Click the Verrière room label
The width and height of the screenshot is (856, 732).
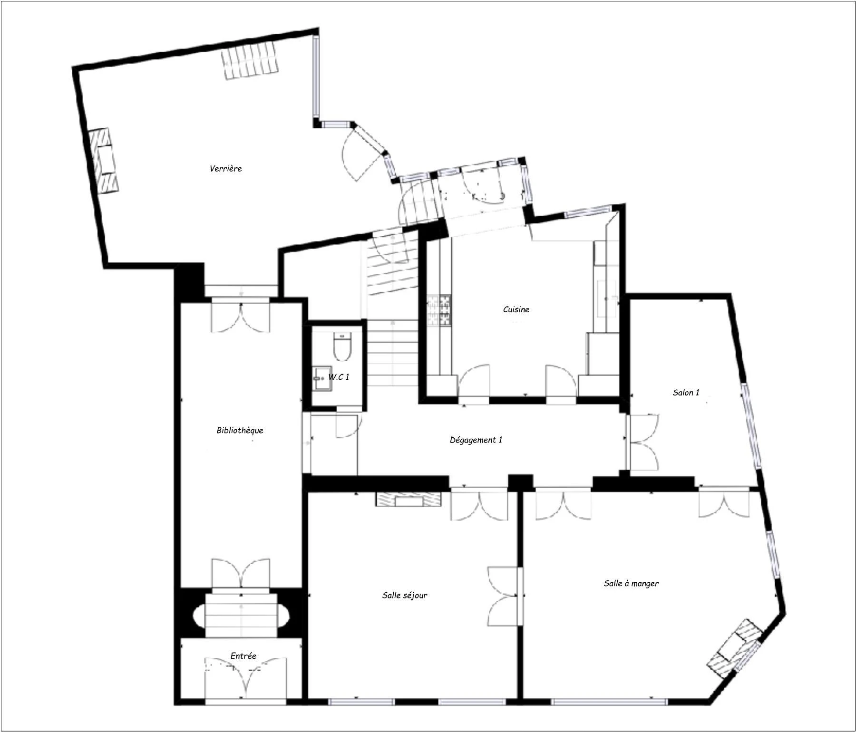(x=225, y=169)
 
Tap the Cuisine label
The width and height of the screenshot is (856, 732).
(x=516, y=309)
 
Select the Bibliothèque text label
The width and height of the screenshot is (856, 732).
(x=240, y=431)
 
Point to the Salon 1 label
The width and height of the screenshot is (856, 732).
(x=686, y=393)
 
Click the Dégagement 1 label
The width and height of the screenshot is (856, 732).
(x=476, y=440)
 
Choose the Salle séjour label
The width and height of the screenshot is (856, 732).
(x=405, y=595)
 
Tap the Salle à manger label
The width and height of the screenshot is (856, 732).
(x=631, y=583)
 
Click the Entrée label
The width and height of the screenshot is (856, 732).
(x=243, y=656)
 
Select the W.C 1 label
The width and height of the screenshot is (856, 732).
(x=339, y=377)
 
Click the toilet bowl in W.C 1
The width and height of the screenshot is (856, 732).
(x=342, y=347)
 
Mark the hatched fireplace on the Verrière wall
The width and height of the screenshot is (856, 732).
(x=104, y=160)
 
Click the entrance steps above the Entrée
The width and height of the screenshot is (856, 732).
(x=242, y=614)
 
